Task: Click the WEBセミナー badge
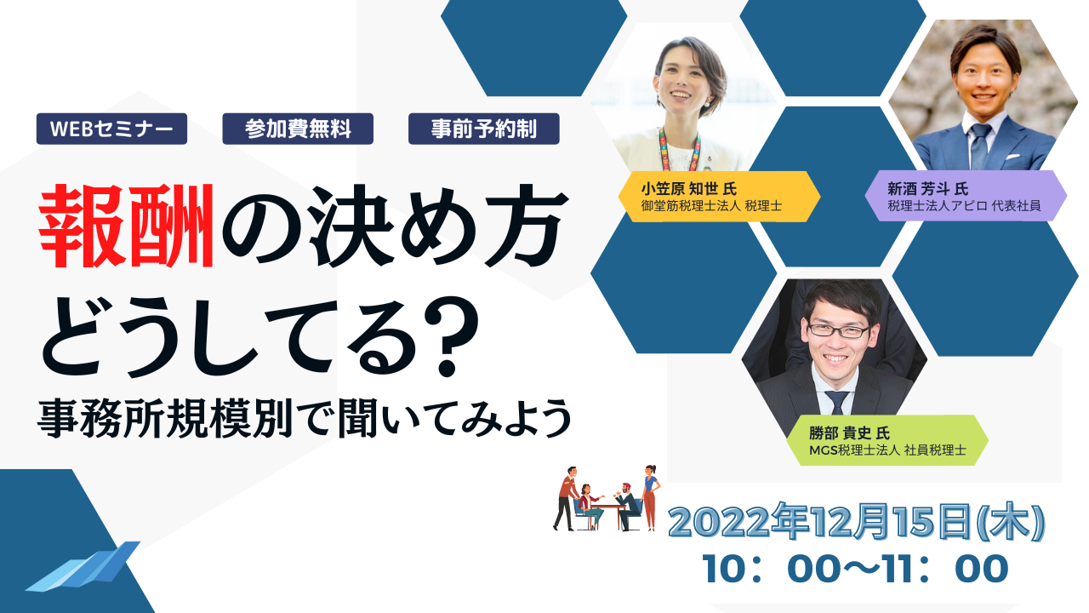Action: click(x=111, y=129)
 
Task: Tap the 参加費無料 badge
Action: click(x=298, y=129)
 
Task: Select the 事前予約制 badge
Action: click(x=484, y=129)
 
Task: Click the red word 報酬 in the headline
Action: click(x=127, y=226)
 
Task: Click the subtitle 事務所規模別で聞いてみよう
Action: click(x=305, y=418)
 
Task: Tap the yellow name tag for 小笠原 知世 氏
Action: click(x=720, y=197)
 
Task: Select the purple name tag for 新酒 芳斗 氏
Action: click(x=966, y=197)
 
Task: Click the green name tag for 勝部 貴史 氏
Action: click(x=887, y=440)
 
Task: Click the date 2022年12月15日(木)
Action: click(x=857, y=522)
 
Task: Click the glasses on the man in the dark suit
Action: click(x=838, y=330)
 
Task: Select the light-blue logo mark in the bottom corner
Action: click(x=83, y=567)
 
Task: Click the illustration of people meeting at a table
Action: click(x=607, y=498)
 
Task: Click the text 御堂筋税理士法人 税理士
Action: click(x=711, y=206)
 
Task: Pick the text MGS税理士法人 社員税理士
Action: click(x=887, y=450)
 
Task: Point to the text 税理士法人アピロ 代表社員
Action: click(x=964, y=206)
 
